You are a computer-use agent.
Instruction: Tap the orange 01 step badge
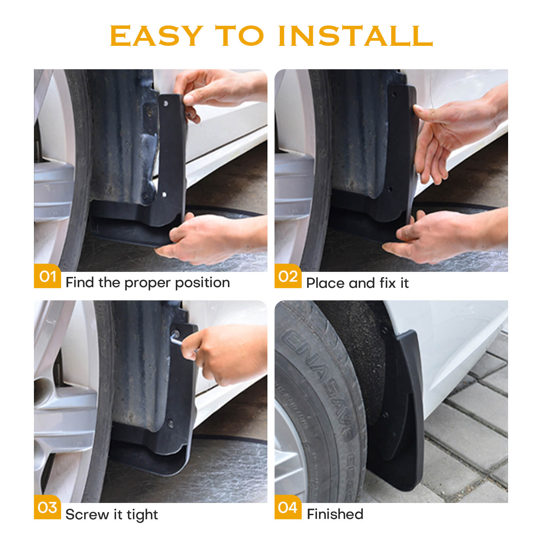click(x=48, y=276)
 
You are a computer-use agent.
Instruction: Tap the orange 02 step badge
click(x=288, y=276)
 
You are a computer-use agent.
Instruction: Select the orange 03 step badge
click(x=48, y=507)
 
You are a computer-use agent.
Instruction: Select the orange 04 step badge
click(x=288, y=507)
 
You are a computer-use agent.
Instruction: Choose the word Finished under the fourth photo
click(x=335, y=514)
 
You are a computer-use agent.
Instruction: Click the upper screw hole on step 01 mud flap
click(x=166, y=103)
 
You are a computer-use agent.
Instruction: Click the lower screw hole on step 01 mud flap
click(x=164, y=195)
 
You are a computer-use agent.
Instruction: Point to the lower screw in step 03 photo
click(x=171, y=423)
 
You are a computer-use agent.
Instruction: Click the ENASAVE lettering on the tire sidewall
click(x=316, y=377)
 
